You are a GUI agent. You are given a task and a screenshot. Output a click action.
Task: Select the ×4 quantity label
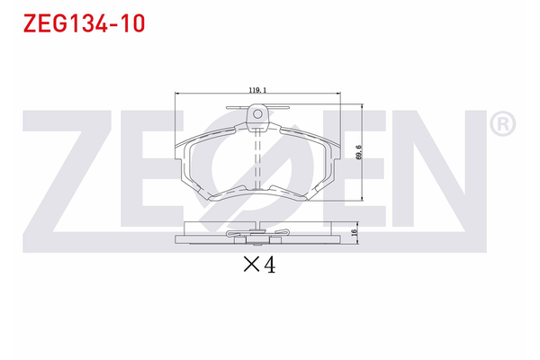(x=258, y=265)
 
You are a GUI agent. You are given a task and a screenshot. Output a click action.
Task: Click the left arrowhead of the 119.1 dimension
(x=176, y=94)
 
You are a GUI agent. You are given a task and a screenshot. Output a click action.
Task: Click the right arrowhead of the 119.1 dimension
(x=338, y=94)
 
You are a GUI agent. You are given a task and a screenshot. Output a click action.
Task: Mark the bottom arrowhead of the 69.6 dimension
(x=361, y=199)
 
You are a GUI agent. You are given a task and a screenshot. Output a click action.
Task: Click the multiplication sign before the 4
(x=250, y=265)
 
